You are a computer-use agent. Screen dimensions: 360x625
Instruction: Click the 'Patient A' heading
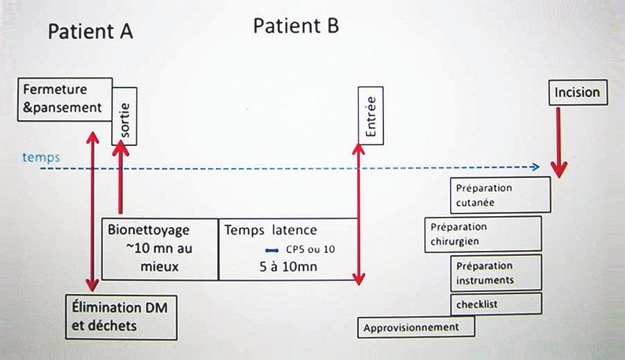(90, 32)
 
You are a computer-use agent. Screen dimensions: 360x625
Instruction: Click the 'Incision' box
(576, 92)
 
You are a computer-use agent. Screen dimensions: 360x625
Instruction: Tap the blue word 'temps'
(40, 158)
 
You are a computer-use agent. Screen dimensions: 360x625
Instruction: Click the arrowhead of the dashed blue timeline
(536, 167)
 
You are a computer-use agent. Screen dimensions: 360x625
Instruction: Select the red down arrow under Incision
(559, 146)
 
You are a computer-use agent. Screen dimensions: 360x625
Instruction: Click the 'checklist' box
(496, 304)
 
